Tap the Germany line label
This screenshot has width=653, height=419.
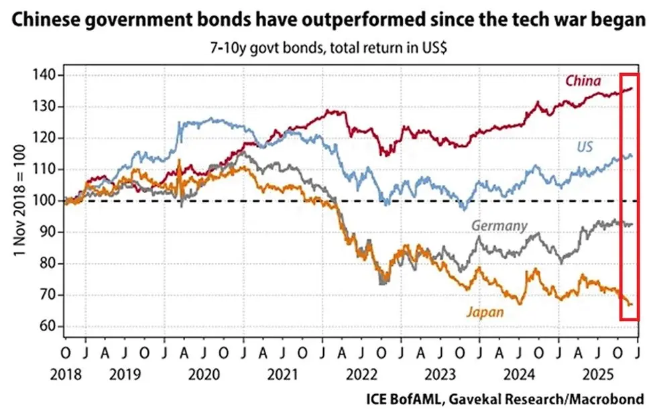pos(499,225)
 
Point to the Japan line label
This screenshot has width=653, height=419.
pos(484,311)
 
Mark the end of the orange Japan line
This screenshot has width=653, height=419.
pos(631,304)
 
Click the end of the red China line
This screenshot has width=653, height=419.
pos(632,88)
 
